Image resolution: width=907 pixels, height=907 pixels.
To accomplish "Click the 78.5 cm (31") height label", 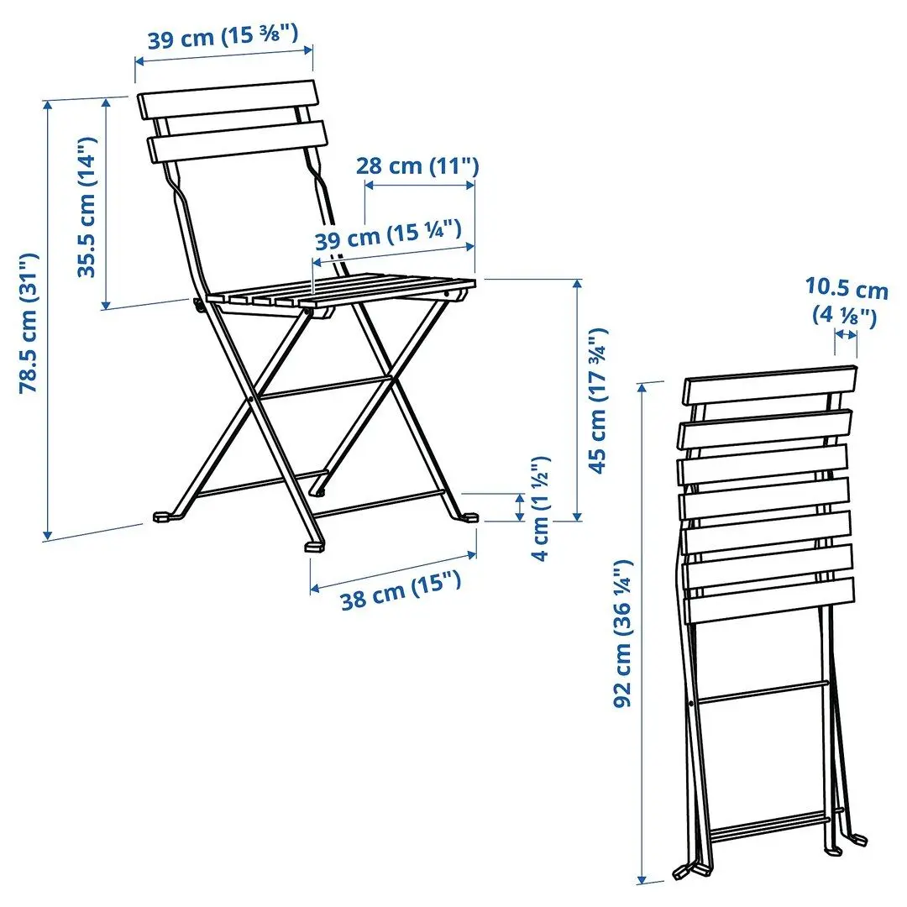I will point(31,324).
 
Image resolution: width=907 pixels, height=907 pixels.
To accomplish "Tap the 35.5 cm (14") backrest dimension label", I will point(88,207).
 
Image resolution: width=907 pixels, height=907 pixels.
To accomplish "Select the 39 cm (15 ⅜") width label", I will point(223,39).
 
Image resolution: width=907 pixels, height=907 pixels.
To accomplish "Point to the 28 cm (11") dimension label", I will point(417,165).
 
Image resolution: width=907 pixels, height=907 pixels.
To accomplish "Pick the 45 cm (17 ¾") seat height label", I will point(598,401).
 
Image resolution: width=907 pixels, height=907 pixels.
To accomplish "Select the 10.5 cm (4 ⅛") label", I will point(847,302).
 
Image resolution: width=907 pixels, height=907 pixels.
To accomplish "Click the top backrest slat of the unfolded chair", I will point(227,99).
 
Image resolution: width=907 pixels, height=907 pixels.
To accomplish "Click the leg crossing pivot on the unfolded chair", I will point(253,400).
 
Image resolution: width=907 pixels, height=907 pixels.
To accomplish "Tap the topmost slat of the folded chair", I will point(770,385).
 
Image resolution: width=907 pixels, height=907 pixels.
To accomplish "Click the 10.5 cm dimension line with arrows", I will point(846,334).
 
